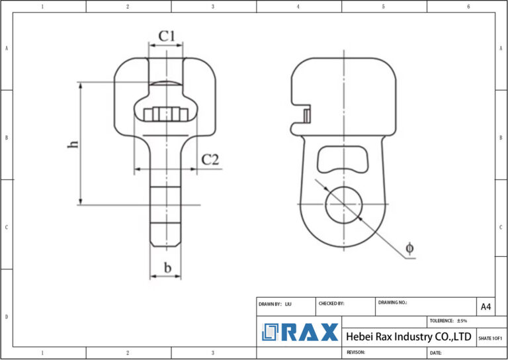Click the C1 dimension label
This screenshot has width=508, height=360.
[x=166, y=36]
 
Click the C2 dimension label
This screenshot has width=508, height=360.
[x=210, y=159]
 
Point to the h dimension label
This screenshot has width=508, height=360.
[x=73, y=144]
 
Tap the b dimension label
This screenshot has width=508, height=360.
[x=168, y=268]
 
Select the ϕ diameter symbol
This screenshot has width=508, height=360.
[x=409, y=247]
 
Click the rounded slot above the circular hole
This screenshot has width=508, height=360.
[x=342, y=159]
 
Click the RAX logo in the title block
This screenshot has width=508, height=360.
[x=300, y=332]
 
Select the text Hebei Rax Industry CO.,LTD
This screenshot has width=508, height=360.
[x=409, y=337]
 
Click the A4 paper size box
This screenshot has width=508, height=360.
[x=486, y=306]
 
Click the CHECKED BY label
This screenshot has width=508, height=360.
[x=331, y=303]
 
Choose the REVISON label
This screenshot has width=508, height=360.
[x=357, y=353]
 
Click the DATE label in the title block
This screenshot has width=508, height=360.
[x=436, y=353]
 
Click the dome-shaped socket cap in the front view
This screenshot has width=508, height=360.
[x=165, y=84]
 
